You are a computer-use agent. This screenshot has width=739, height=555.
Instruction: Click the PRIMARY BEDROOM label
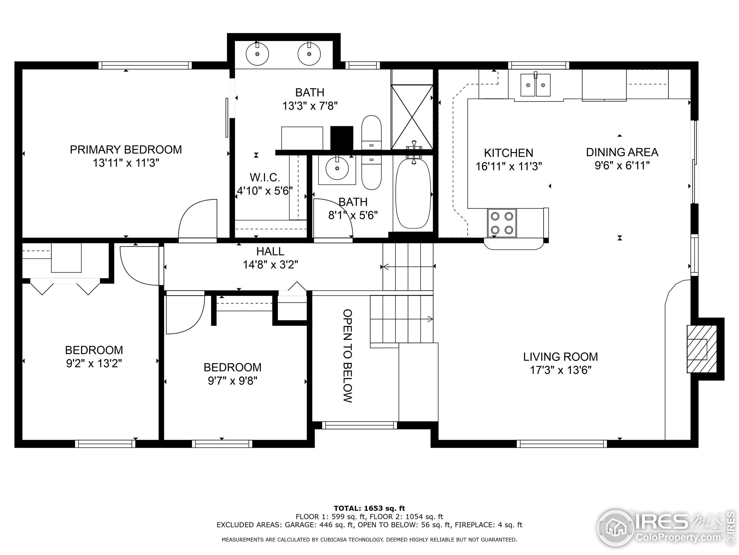[126, 149]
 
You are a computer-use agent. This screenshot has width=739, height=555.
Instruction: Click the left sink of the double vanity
[257, 53]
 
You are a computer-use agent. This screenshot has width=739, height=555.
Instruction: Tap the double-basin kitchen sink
[535, 85]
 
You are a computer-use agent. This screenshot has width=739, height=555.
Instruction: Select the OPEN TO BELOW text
[348, 356]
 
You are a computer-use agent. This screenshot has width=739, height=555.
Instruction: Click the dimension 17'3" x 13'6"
[561, 370]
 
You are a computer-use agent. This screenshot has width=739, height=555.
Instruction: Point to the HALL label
[270, 251]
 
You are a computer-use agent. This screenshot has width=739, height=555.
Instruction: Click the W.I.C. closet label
[265, 177]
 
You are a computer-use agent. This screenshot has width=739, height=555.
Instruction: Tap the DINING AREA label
[622, 152]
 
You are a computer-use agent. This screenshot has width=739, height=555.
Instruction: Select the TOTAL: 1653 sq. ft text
[369, 509]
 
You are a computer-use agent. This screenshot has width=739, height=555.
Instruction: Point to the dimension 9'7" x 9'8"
[232, 381]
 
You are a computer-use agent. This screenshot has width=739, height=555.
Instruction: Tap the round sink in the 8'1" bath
[337, 168]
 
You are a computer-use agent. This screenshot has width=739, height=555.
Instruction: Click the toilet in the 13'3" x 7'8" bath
[372, 133]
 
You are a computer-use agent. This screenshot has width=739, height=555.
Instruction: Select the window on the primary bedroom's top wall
[145, 65]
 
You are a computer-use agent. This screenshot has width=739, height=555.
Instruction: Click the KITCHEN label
[508, 153]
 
